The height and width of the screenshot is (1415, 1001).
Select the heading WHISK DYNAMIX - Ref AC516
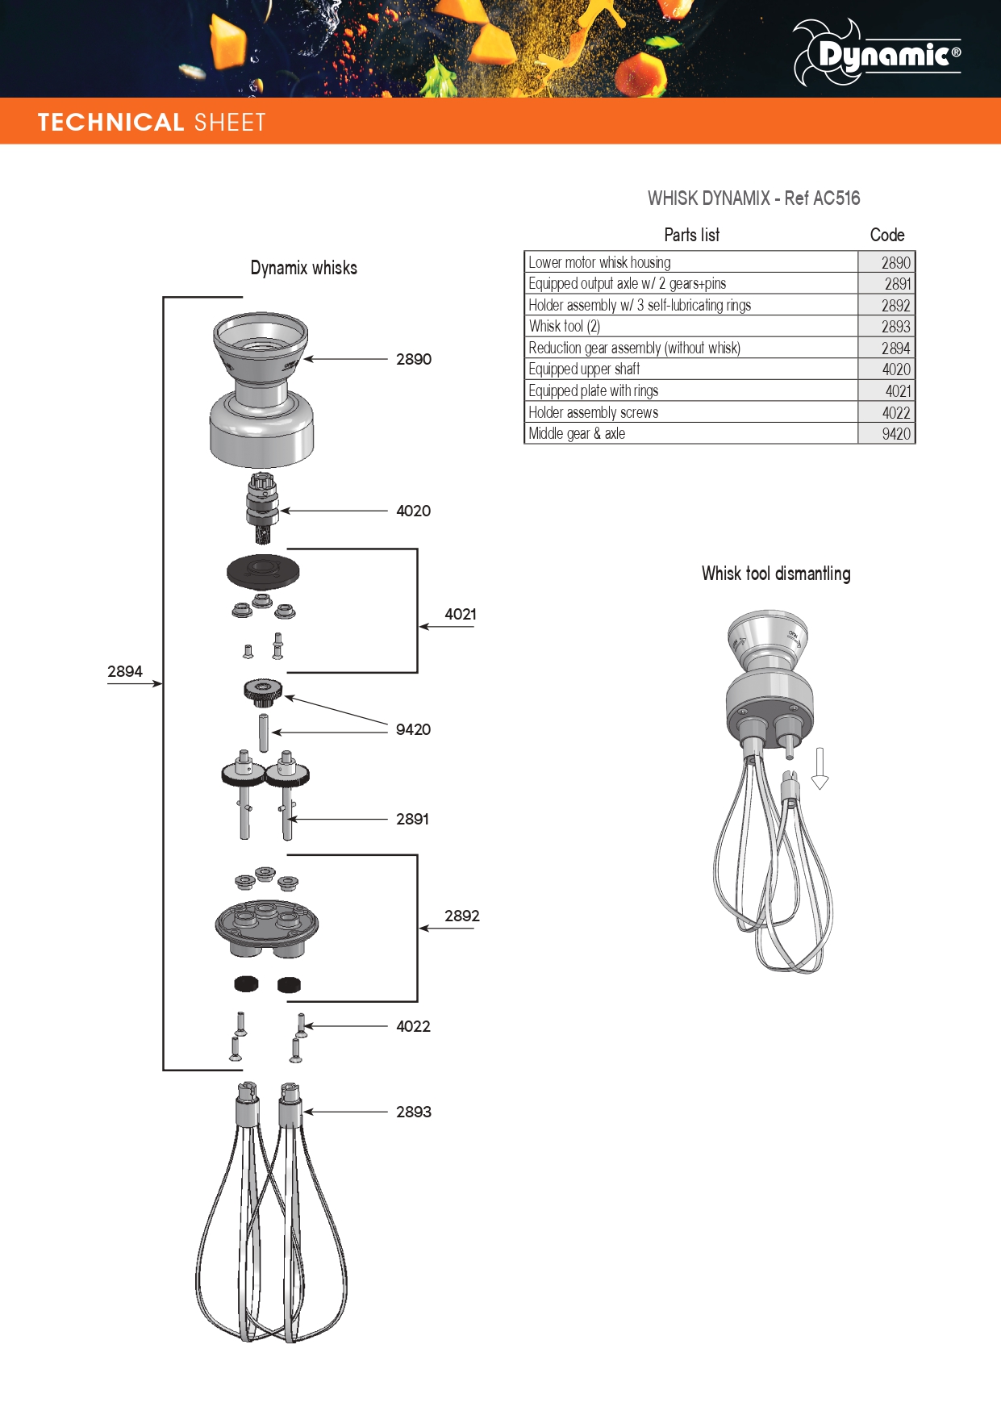[753, 198]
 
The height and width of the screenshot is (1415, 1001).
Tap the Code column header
[886, 236]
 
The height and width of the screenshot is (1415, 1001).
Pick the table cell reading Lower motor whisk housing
[599, 262]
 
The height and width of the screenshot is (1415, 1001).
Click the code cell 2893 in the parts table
[895, 327]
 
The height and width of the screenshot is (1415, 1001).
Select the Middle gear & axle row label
[577, 434]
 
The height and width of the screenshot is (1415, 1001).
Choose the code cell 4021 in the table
[898, 391]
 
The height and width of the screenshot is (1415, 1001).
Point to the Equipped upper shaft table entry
[584, 369]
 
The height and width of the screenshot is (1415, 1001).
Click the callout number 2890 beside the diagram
[414, 359]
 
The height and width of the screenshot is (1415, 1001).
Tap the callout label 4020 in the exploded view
[413, 511]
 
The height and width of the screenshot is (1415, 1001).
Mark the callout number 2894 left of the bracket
[125, 671]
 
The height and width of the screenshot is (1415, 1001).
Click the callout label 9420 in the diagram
[413, 729]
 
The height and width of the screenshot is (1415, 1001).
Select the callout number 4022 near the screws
[413, 1026]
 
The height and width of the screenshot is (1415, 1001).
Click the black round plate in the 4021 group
[263, 572]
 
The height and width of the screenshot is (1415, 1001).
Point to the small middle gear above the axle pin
[263, 691]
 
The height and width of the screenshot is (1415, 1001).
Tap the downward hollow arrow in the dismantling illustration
[820, 767]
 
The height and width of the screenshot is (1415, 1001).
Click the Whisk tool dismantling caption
[776, 574]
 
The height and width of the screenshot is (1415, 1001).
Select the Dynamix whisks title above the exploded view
[303, 268]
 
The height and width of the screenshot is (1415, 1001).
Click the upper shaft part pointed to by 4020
[262, 507]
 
